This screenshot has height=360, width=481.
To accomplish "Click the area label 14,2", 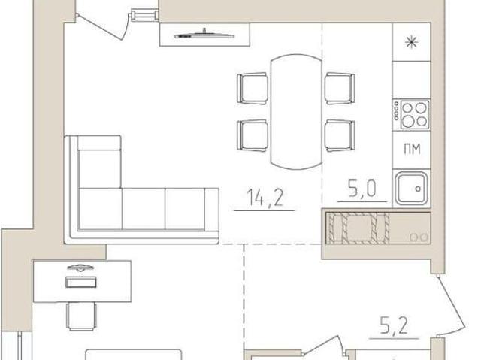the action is click(x=265, y=198).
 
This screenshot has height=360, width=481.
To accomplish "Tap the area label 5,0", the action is click(x=362, y=188).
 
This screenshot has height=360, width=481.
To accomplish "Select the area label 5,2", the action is click(x=394, y=325).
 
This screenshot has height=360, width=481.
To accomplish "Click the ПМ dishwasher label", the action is click(x=412, y=150).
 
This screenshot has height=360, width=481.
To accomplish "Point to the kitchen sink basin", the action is click(x=412, y=189).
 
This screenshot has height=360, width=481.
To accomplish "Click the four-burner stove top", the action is click(x=412, y=114).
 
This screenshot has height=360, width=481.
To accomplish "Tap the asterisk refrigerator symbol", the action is click(x=411, y=42).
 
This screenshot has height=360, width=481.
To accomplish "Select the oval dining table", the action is click(x=296, y=112).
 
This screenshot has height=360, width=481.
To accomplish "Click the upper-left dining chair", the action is click(x=253, y=89).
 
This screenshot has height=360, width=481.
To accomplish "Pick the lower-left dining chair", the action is click(x=253, y=135).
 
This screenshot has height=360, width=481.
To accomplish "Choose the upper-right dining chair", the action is click(x=340, y=89).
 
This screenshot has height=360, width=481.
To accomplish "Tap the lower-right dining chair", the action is click(x=340, y=135).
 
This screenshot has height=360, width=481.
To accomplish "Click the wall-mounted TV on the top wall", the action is click(x=204, y=35).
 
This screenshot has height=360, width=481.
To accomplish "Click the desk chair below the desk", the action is click(x=81, y=316).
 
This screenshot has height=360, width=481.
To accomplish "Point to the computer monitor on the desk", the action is click(x=80, y=268).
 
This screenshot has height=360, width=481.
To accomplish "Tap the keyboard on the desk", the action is click(x=81, y=282).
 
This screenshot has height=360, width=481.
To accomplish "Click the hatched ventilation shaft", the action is click(x=358, y=228).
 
